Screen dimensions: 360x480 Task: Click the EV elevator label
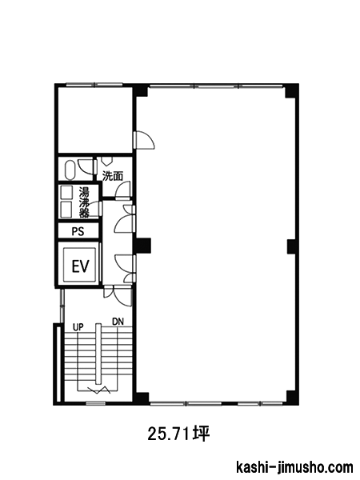coord(81,266)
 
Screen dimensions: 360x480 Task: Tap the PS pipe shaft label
coord(78,231)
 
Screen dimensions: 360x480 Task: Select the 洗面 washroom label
coord(113,176)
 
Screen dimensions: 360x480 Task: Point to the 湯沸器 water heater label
coord(84,202)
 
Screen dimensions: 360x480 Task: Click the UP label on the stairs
coord(78,327)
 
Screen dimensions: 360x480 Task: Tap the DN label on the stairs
coord(118,322)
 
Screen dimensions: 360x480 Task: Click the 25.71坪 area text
coord(178,434)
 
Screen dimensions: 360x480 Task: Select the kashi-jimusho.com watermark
coord(294,468)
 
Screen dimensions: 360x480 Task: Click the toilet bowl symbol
coord(70,170)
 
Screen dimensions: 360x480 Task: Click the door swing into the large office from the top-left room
coord(144,140)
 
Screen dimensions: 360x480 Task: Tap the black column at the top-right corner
coord(291,91)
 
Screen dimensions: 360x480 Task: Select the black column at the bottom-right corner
coord(292,398)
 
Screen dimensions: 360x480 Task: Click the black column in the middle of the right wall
coord(292,246)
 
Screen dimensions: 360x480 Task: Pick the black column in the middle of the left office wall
coord(142,246)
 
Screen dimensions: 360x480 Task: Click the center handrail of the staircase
coord(98,354)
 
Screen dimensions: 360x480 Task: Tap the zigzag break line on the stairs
coord(98,390)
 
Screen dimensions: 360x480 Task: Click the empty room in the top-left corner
coord(95,120)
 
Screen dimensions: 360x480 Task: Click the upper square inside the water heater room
coord(66,192)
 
